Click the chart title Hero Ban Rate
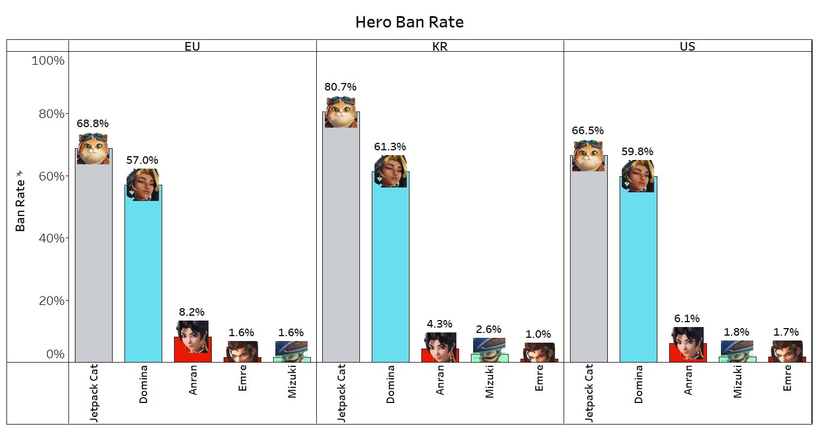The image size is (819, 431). (x=409, y=22)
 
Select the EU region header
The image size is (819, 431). (x=192, y=46)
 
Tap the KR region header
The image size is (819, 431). (x=440, y=46)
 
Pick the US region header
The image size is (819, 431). (x=687, y=46)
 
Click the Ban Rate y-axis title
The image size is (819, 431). (x=20, y=205)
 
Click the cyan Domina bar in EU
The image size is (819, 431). (x=143, y=280)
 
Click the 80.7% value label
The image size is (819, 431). (x=341, y=87)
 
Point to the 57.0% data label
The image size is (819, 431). (x=142, y=160)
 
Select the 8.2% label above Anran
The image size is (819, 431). (x=192, y=312)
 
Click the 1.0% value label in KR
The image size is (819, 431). (x=538, y=334)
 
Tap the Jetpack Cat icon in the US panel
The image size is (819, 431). (x=588, y=156)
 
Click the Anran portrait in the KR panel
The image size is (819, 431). (x=440, y=347)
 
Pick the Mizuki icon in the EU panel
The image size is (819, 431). (x=291, y=350)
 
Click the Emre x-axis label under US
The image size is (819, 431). (x=787, y=378)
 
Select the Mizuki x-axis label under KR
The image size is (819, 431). (x=489, y=381)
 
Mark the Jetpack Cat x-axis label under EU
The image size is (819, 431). (x=94, y=392)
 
